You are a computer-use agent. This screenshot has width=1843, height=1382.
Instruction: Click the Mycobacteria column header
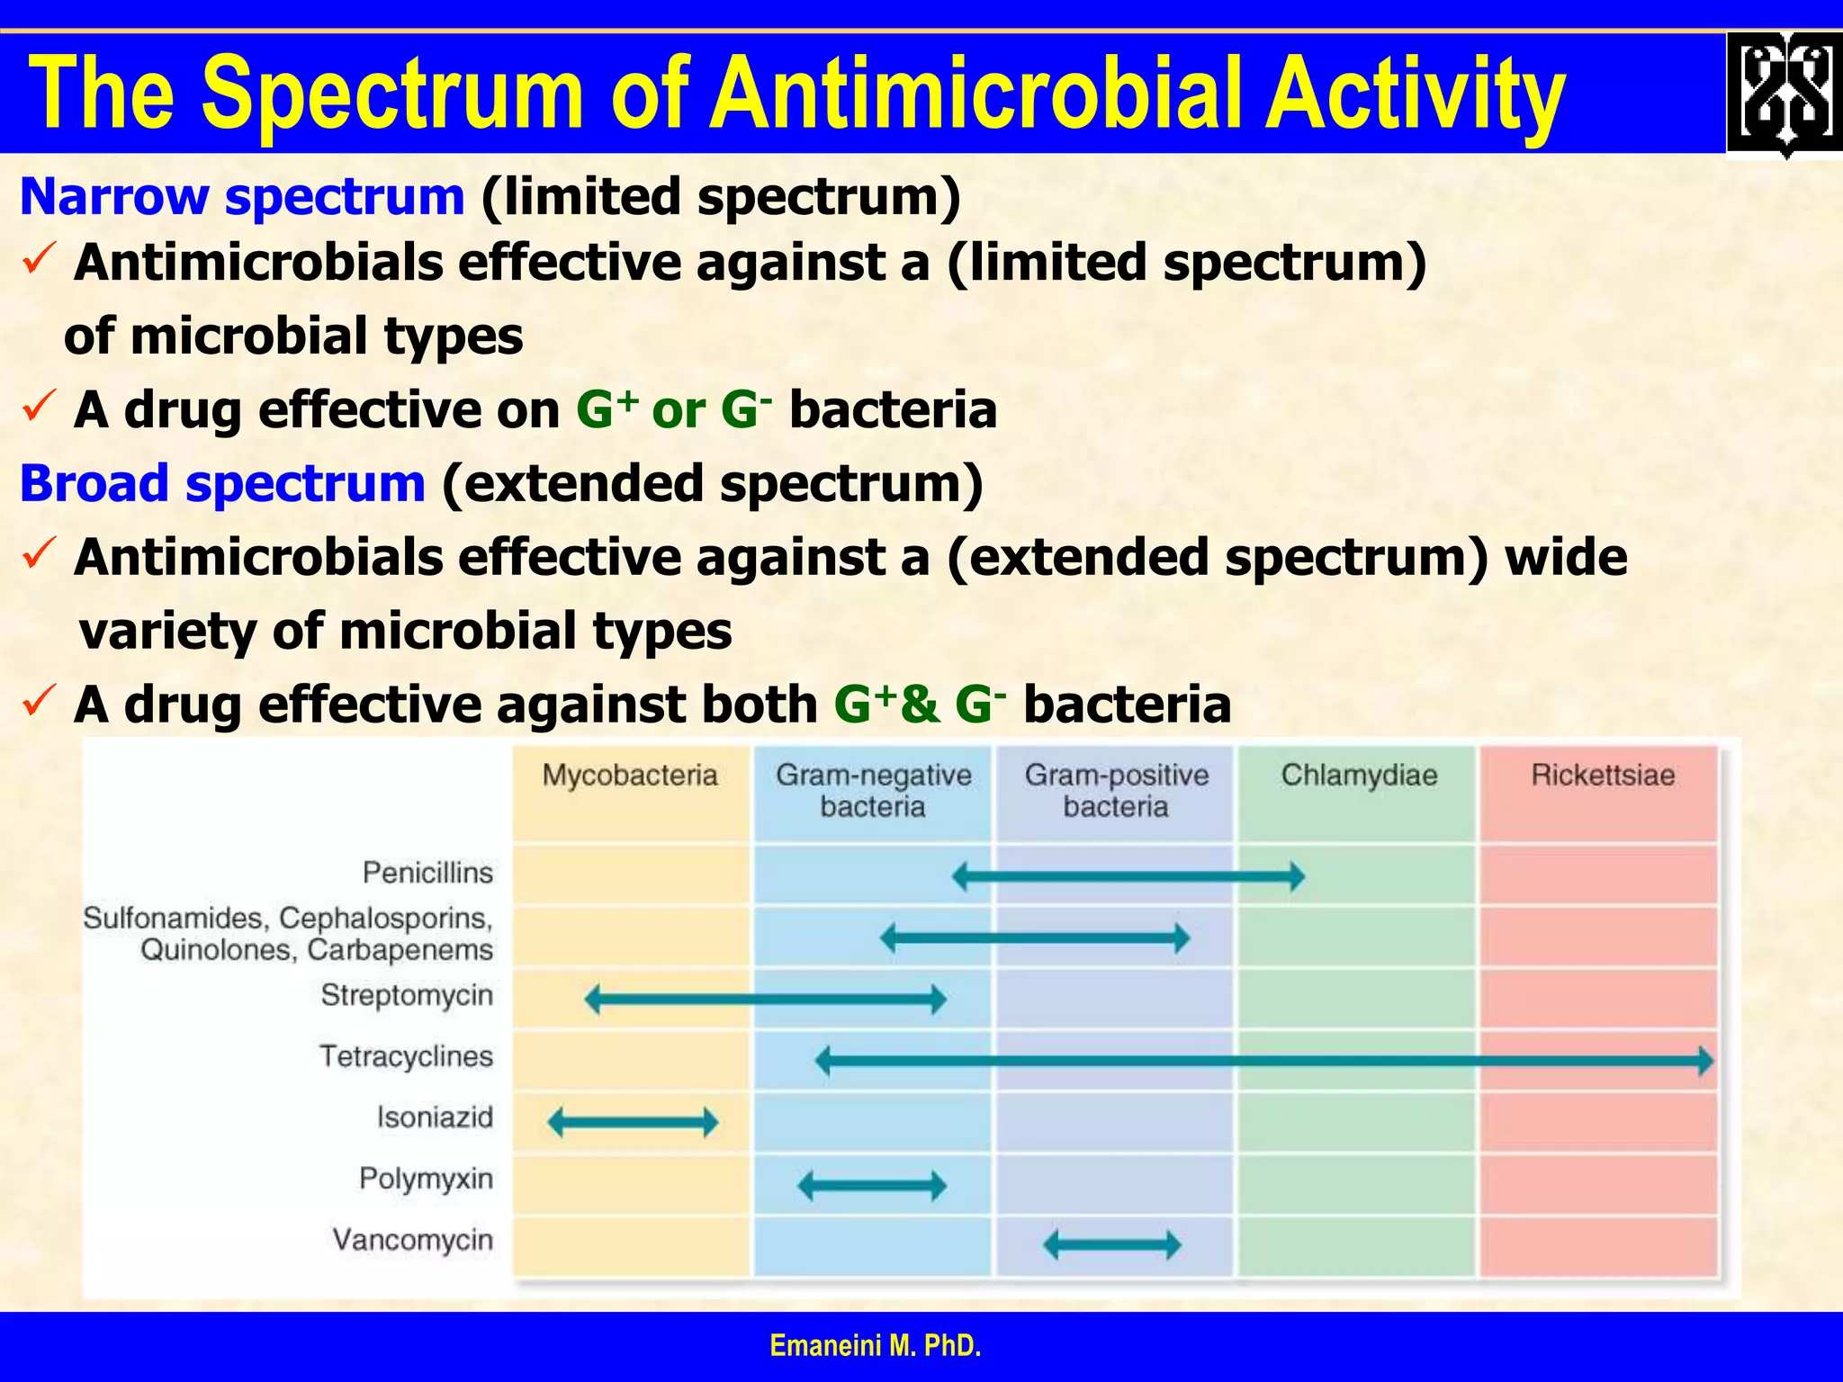(x=630, y=775)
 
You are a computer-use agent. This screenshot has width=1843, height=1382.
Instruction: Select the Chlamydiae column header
(x=1359, y=775)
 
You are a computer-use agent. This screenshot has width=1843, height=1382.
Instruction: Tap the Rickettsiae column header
(x=1603, y=775)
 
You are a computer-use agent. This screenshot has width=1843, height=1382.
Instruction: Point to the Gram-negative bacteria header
(x=873, y=790)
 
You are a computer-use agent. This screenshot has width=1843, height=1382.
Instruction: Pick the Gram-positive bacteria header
(x=1116, y=790)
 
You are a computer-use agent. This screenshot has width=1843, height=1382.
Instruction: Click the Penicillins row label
(x=427, y=872)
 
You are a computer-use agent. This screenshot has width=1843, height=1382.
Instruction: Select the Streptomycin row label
(x=407, y=995)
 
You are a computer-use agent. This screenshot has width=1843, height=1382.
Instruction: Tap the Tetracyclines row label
(x=406, y=1055)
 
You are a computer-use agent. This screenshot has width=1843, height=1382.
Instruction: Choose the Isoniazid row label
(x=435, y=1117)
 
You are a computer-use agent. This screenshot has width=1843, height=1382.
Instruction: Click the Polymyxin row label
(x=426, y=1178)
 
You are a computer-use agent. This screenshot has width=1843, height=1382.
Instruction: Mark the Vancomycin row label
(x=412, y=1240)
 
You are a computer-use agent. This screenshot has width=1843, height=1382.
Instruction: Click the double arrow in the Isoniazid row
(x=633, y=1122)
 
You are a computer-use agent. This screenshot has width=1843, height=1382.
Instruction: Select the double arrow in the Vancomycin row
(x=1112, y=1245)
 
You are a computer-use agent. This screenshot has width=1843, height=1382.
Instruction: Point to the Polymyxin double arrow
(x=872, y=1185)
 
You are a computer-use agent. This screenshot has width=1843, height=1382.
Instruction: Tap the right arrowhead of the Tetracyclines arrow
(x=1704, y=1061)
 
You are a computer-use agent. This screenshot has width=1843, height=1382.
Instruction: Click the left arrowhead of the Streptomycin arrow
(x=593, y=999)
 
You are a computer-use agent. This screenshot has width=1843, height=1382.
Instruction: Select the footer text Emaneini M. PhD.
(x=876, y=1346)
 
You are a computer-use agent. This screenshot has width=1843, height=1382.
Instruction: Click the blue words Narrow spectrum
(x=242, y=196)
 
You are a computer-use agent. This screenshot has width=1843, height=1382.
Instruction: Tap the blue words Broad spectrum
(x=222, y=483)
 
